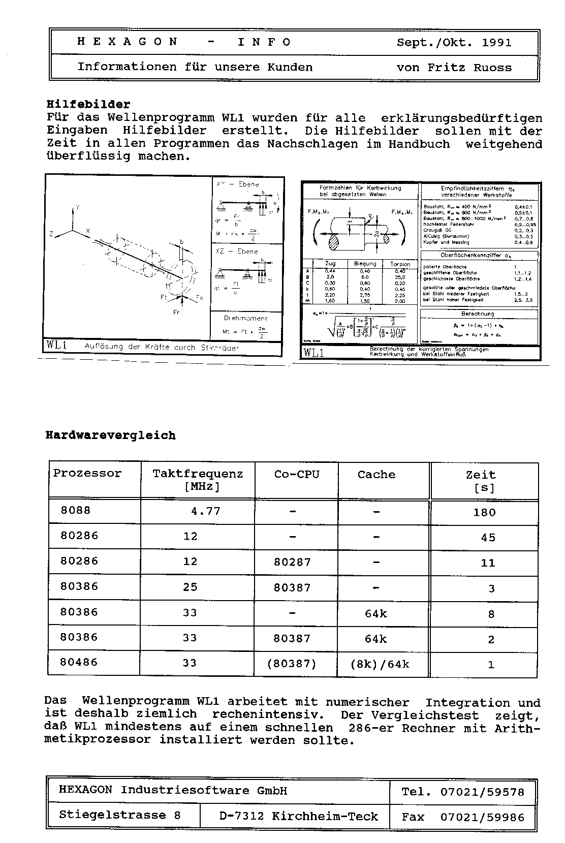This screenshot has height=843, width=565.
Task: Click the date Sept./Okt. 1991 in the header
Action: point(454,42)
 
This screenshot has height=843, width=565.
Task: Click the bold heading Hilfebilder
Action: point(88,105)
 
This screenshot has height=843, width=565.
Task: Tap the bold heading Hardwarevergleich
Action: point(111,435)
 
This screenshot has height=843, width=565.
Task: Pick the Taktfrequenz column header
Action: point(198,474)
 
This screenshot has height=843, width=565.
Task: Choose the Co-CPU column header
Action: point(297,474)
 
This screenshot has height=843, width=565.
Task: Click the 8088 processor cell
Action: point(76,510)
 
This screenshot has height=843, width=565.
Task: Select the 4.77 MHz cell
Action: point(205,511)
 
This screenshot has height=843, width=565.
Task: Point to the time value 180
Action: point(484,512)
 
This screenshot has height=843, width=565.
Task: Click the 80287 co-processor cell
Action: point(292,563)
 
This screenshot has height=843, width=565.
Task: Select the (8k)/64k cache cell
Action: point(380,664)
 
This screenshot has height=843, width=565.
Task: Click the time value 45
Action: point(488,538)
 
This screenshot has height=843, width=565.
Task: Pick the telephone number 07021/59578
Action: point(482,791)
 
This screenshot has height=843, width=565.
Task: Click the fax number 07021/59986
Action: point(482,817)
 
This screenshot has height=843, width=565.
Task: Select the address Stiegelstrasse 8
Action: point(119,815)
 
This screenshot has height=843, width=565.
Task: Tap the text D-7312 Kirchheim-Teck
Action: point(299,817)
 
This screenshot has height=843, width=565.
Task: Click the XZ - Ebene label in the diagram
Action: point(237,251)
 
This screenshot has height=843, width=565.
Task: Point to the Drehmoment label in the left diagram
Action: point(245,318)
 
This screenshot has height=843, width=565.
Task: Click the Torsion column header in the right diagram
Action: point(400,264)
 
